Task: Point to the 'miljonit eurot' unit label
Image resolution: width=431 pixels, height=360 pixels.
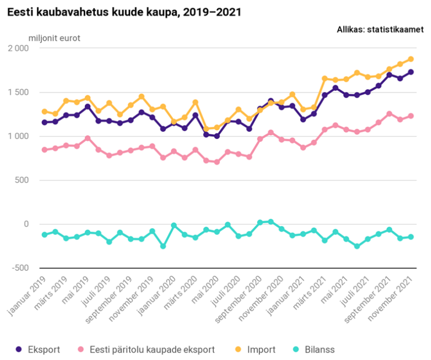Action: click(x=54, y=39)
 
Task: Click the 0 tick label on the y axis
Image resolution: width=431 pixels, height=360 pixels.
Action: click(x=26, y=224)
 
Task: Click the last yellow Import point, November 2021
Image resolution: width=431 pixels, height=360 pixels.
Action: click(x=411, y=59)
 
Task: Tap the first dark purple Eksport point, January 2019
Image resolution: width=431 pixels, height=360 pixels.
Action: click(x=44, y=122)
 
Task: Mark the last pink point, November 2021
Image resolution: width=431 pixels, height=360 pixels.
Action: click(x=411, y=116)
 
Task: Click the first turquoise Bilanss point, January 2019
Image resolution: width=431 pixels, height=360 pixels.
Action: click(x=44, y=234)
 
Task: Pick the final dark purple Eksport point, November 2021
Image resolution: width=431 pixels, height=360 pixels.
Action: click(x=411, y=72)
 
